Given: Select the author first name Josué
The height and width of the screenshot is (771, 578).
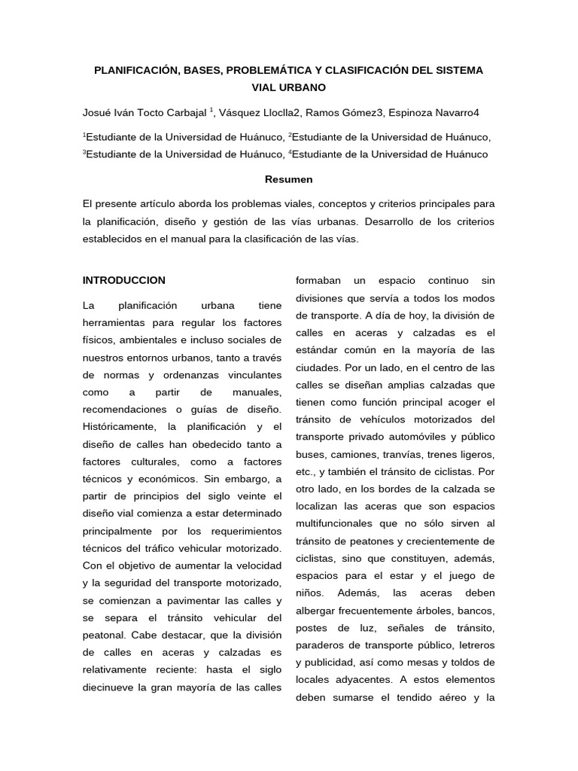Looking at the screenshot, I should coord(98,113).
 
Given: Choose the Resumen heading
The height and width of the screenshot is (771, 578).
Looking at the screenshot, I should coord(288,179).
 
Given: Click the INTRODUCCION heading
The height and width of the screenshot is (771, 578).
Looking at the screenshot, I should coord(124,280).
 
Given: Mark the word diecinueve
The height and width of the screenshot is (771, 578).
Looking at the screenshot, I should coord(108,687).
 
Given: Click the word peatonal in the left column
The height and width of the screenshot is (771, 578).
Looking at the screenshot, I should coord(103,635).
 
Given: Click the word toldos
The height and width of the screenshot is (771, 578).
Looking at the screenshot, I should coord(460,663).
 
